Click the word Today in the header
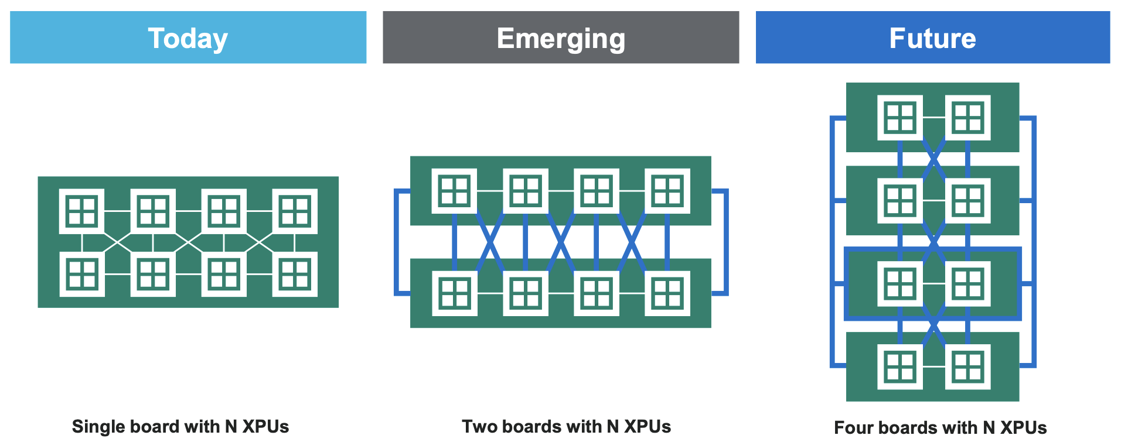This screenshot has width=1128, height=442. pos(188,39)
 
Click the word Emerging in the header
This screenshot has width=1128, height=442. pos(561,39)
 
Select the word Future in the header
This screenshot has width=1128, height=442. pos(932,39)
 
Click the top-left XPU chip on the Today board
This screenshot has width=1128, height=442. pos(82,211)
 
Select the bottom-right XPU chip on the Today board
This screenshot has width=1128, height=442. pos(295,274)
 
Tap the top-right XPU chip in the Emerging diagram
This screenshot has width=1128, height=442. pos(667,191)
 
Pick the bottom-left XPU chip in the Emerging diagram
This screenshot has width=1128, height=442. pos(454,293)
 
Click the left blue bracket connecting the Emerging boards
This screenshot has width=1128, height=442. pos(397,242)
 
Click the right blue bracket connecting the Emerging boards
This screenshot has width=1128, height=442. pos(725,242)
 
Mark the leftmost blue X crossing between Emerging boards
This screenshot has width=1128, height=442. pos(490,242)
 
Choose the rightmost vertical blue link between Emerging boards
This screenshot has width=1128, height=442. pos(667,242)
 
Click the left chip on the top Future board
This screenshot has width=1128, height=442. pos(899,118)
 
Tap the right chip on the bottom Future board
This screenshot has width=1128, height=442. pos(967,367)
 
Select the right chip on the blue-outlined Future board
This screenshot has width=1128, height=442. pos(967,283)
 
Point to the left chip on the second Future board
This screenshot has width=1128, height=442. pos(899,201)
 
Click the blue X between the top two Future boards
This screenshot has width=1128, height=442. pos(933,159)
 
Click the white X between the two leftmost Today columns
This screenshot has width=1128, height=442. pos(118,242)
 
